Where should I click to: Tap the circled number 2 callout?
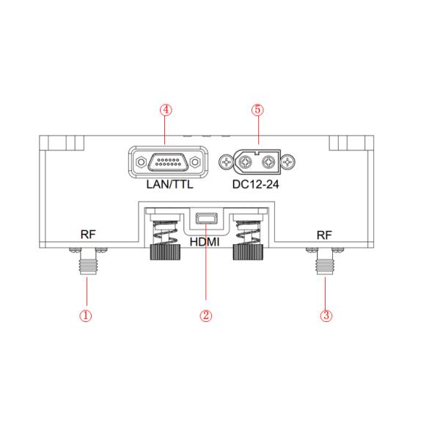click(206, 315)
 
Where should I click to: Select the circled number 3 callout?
click(327, 315)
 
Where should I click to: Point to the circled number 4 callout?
click(166, 109)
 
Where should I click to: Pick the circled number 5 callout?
click(257, 109)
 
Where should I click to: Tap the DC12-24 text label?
click(257, 185)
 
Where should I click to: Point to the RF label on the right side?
click(323, 236)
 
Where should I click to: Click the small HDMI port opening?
click(206, 218)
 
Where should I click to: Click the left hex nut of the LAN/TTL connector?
click(136, 161)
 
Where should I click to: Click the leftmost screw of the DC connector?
click(226, 161)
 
